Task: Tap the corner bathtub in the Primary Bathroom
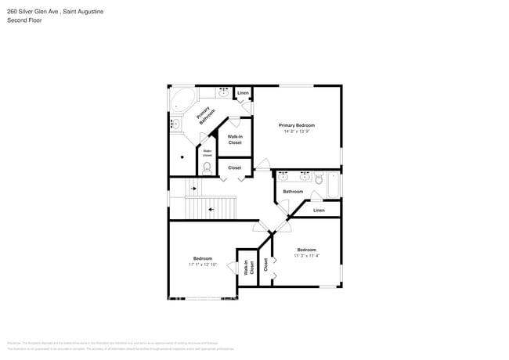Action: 183,100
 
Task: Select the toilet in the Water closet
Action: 208,167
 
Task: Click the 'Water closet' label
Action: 208,153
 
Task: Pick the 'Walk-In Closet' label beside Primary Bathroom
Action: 235,139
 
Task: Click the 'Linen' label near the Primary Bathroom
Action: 243,94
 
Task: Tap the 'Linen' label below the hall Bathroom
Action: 319,210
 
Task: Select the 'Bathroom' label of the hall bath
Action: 293,192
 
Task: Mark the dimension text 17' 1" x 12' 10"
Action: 203,265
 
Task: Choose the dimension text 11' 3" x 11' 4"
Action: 306,256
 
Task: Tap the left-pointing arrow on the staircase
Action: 211,209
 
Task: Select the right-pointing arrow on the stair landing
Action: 193,189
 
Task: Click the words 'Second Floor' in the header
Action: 24,20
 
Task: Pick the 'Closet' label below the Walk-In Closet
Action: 235,167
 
